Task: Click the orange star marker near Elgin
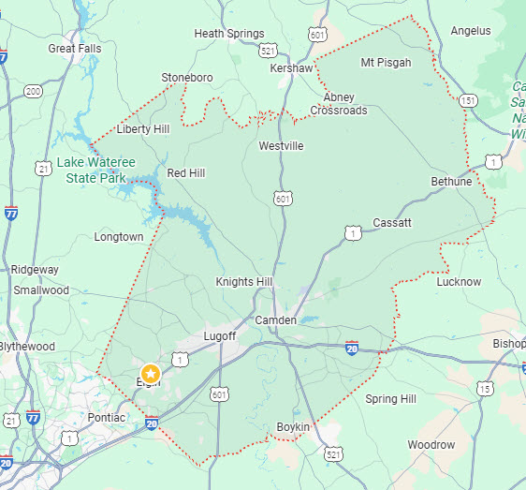click(150, 374)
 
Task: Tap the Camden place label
click(276, 320)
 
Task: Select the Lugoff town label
click(220, 335)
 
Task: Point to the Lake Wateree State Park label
click(97, 170)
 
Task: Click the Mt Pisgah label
click(386, 63)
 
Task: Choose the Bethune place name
click(451, 181)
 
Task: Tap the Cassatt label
click(391, 222)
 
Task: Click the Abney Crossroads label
click(339, 103)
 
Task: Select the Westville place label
click(281, 146)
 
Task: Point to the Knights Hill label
click(243, 282)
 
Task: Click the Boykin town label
click(293, 427)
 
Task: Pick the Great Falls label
click(75, 48)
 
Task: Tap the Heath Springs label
click(229, 34)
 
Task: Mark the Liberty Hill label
click(142, 128)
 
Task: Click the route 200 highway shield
click(35, 91)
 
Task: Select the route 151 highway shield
click(469, 100)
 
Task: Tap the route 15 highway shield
click(484, 388)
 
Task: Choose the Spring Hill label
click(390, 399)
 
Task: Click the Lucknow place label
click(459, 282)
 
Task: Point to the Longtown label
click(119, 237)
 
